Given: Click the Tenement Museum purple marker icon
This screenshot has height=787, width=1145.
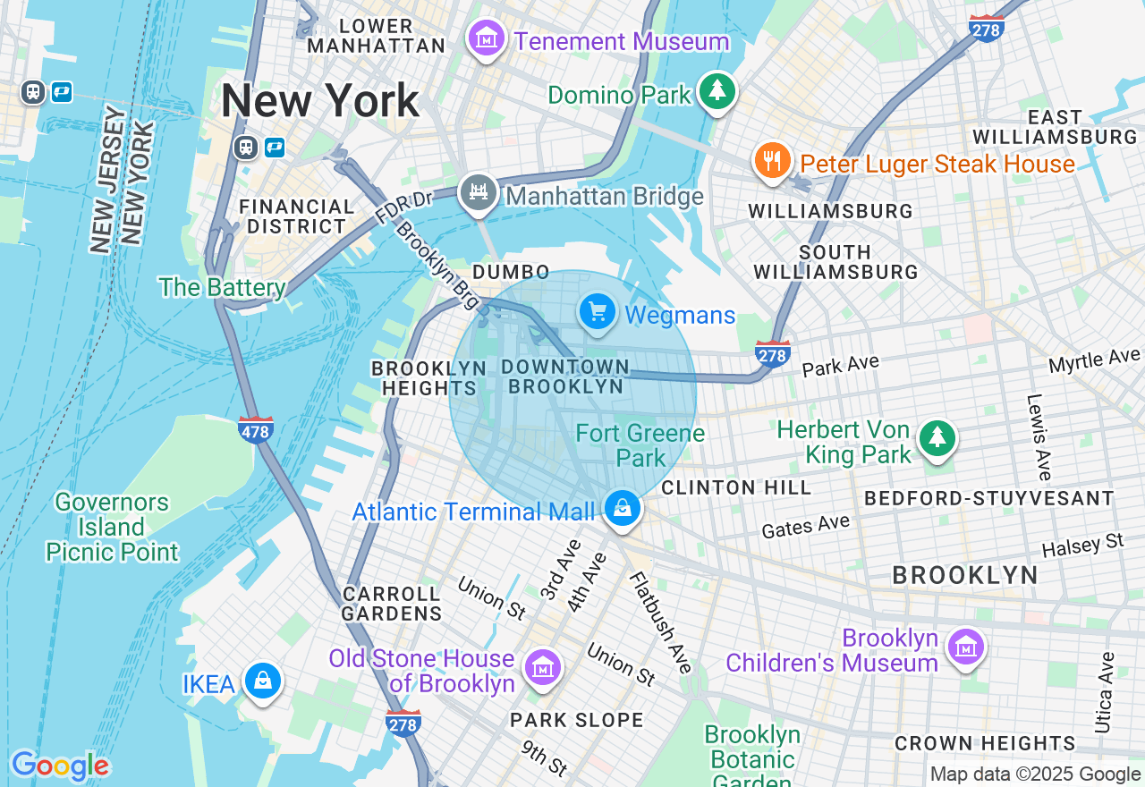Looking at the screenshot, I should tap(487, 38).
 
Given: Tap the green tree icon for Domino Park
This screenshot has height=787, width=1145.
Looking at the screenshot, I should tap(716, 90).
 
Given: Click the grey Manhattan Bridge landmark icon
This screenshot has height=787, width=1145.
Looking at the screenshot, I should tap(479, 191).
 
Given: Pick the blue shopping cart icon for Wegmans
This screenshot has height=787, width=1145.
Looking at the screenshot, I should tap(598, 312).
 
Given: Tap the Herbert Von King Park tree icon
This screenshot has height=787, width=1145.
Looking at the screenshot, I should tap(937, 437).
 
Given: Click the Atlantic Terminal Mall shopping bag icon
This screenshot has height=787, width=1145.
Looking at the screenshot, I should tap(622, 509).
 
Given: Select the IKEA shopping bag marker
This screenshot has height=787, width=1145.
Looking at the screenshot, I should tap(263, 681).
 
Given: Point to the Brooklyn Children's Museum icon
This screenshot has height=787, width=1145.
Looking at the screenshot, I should tap(966, 647).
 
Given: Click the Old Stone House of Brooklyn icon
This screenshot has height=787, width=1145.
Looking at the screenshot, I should tap(543, 667).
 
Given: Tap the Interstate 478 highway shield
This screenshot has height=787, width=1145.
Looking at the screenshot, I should tap(256, 430).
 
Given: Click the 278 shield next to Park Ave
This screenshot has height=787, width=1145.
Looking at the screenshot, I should tap(772, 355).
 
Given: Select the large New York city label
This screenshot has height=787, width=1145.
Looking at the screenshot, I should tap(320, 101).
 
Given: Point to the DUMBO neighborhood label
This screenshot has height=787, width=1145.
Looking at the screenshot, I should tap(511, 272).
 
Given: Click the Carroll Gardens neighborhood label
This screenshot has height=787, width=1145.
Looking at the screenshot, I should tap(392, 604).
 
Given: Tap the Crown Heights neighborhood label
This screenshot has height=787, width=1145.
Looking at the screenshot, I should tap(985, 743).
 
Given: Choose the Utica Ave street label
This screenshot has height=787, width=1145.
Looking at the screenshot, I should tap(1106, 692).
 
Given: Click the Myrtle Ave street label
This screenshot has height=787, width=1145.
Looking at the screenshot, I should tap(1093, 360).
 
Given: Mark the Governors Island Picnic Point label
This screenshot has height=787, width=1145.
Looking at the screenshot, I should tap(112, 527).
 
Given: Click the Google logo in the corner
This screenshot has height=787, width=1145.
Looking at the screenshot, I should tap(60, 766).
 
